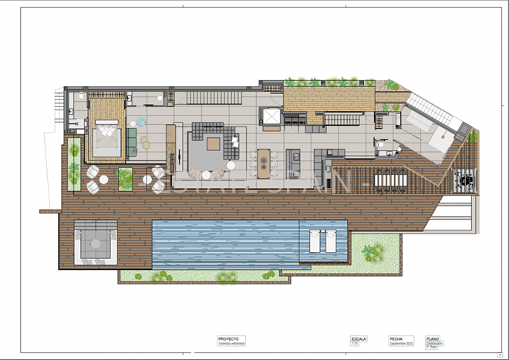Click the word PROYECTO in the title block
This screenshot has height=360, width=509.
pos(228,338)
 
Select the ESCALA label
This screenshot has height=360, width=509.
pos(359,338)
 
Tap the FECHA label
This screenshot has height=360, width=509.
pos(396,338)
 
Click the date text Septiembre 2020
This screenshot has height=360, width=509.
pos(402,343)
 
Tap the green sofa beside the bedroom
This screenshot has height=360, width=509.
pos(132,142)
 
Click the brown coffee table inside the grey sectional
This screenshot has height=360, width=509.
pos(213,143)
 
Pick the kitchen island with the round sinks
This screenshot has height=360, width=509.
pos(265,162)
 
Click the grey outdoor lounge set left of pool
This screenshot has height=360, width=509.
pos(96,244)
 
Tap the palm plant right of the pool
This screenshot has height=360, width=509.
pos(373,251)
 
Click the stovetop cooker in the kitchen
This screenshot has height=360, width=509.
pos(294,159)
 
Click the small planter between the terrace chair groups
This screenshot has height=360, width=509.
pos(125,179)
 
